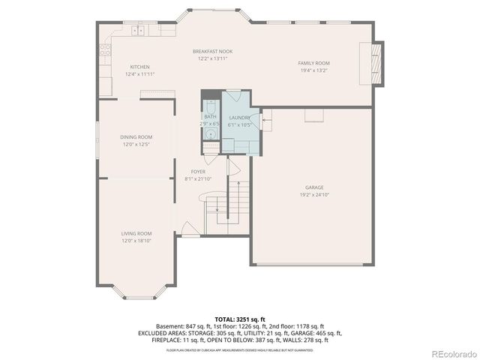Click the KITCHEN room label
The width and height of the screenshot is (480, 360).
coord(139,67)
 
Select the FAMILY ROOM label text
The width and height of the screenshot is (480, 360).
coord(313,63)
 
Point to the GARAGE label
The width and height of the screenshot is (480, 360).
coord(313,187)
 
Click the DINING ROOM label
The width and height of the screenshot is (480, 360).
coord(136,136)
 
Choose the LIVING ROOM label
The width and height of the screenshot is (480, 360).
coord(136,233)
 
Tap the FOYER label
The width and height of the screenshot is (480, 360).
coord(198,172)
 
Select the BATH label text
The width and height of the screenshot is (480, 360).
coord(209,116)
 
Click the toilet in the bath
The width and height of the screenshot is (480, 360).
coord(211,106)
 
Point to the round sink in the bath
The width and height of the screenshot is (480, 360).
coord(211,136)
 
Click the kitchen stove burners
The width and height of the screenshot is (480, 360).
coord(106,52)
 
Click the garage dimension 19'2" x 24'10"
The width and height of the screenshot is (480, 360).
coord(313,195)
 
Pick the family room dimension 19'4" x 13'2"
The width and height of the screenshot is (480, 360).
coord(313,70)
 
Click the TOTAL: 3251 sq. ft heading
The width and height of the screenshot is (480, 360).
coord(239,319)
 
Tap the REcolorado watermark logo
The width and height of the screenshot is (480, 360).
coord(451,353)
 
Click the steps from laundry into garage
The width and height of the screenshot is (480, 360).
coord(266,118)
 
